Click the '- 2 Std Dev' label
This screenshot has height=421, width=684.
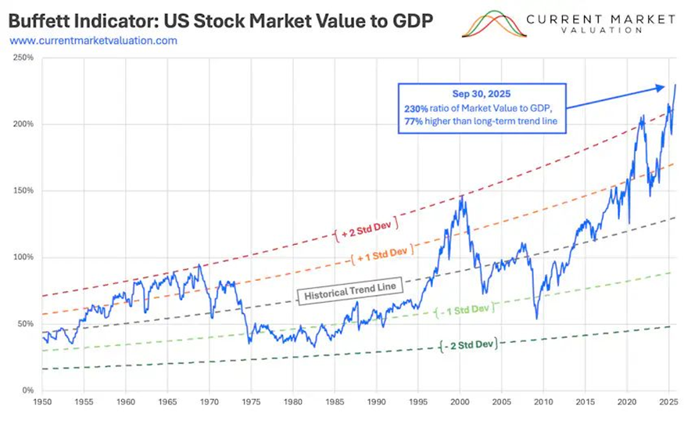point(468,344)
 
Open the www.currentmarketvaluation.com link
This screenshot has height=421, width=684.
point(93,39)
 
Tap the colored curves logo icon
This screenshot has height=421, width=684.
point(489,24)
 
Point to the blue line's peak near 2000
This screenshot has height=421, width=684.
point(462,197)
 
